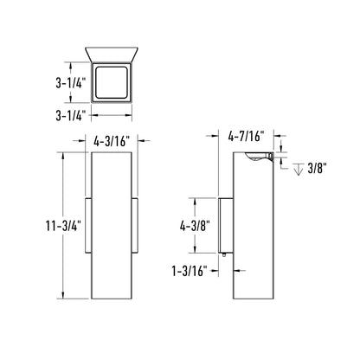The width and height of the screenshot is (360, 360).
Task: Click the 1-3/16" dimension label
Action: [x=190, y=271]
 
